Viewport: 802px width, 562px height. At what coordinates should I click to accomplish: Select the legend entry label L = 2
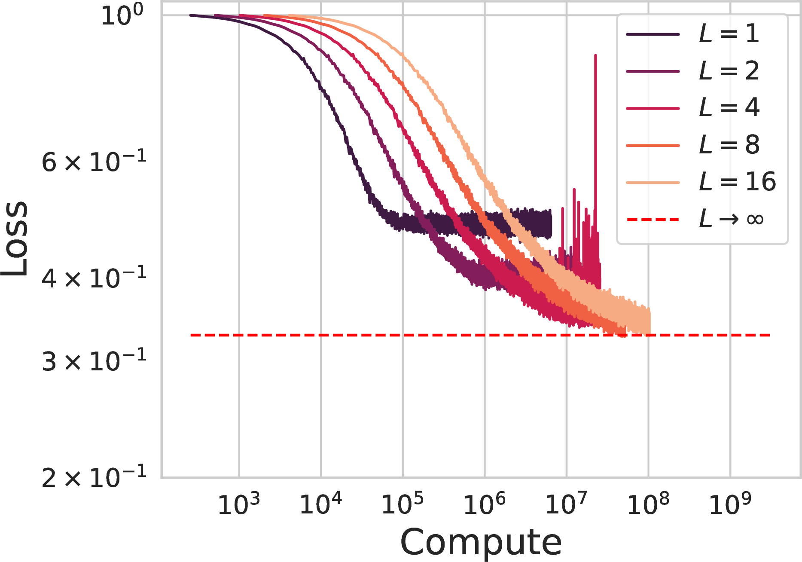(x=729, y=70)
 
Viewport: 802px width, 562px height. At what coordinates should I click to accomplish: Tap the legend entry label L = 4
(x=729, y=107)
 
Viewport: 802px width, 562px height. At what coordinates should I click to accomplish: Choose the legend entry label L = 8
(x=729, y=144)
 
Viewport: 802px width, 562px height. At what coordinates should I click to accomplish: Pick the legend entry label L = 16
(x=737, y=181)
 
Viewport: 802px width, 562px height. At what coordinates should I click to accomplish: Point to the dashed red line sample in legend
(x=653, y=220)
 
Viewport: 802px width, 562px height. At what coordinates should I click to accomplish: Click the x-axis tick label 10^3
(x=239, y=504)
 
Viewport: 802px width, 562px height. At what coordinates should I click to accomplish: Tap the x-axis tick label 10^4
(x=320, y=504)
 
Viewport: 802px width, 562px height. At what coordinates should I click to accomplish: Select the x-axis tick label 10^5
(x=403, y=504)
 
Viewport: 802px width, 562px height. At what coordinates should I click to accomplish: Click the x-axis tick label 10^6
(x=485, y=504)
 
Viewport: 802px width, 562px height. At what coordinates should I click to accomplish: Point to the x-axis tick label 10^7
(x=566, y=504)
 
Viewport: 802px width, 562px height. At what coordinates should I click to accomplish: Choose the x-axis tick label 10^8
(x=648, y=504)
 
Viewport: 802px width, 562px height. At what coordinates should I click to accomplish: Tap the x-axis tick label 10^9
(x=730, y=504)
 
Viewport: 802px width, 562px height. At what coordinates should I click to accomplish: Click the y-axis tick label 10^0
(x=122, y=15)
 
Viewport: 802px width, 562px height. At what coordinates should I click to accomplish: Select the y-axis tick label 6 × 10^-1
(x=94, y=162)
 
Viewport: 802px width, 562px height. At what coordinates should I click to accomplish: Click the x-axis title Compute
(x=481, y=542)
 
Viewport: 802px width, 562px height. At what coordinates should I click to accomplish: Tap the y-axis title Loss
(x=15, y=238)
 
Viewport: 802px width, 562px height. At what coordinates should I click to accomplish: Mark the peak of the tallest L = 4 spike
(x=595, y=55)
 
